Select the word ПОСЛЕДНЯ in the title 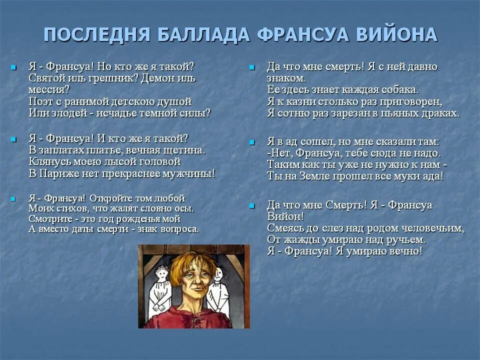click(97, 34)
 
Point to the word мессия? click(49, 89)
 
